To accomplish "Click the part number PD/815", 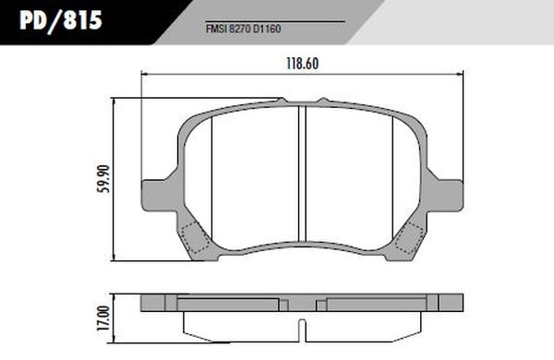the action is coord(61,20).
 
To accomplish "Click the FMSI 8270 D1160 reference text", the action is coord(244,29).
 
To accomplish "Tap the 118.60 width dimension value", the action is coord(303,64).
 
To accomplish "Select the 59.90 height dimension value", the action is coord(103,178).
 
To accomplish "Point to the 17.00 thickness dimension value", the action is coord(103,318).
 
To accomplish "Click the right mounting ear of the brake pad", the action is coord(445,196).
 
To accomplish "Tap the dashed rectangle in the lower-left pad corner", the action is coord(195,237).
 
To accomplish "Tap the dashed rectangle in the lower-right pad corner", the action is coord(409,238).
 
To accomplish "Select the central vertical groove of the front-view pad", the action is coord(302,174).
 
